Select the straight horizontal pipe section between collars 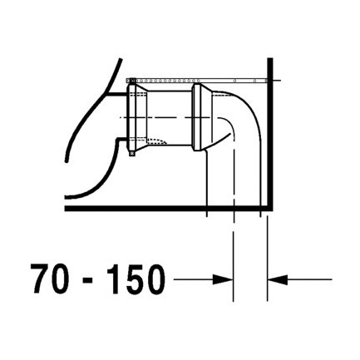[171, 113]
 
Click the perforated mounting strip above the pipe [200, 79]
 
